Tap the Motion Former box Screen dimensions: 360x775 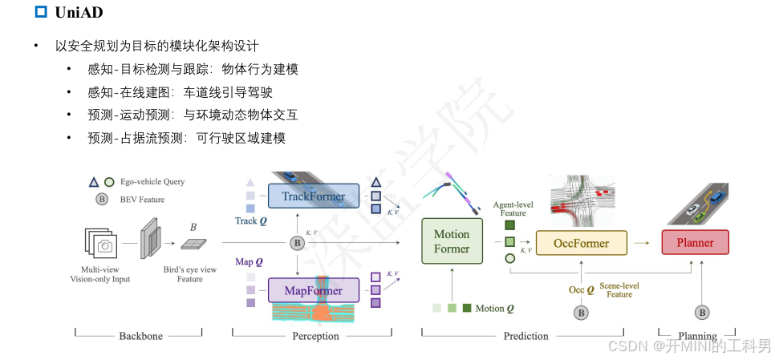(x=452, y=241)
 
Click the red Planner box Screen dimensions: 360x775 (x=695, y=242)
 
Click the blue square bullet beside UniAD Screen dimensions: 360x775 (x=42, y=12)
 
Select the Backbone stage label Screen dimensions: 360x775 (x=140, y=336)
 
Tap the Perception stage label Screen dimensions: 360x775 (x=315, y=336)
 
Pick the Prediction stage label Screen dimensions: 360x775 (x=526, y=336)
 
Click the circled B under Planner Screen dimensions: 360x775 (x=702, y=313)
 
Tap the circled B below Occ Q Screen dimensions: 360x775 (x=581, y=313)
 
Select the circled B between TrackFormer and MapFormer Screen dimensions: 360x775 (x=298, y=242)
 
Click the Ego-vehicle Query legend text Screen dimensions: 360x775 (x=152, y=182)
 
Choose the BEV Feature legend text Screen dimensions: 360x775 (x=140, y=200)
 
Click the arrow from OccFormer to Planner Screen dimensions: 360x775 (x=642, y=242)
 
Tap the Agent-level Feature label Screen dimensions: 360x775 (x=513, y=208)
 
